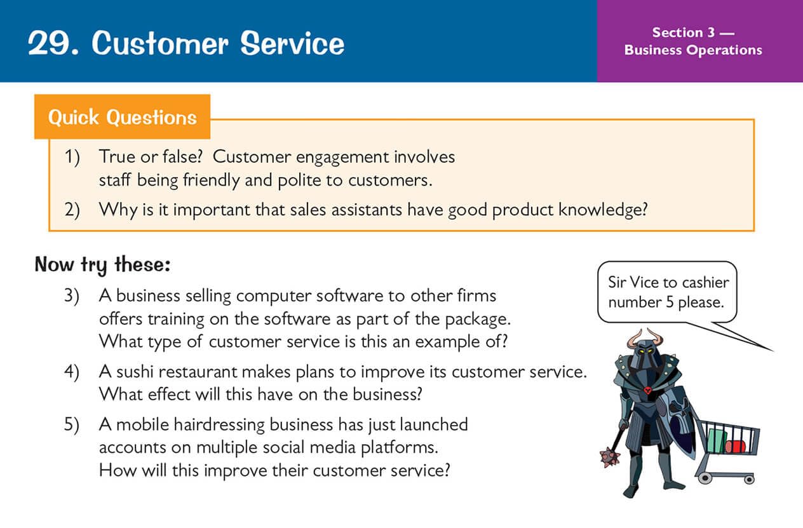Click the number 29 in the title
(49, 43)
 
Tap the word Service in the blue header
(292, 43)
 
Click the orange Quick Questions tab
(122, 117)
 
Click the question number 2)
(72, 210)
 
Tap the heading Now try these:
(102, 265)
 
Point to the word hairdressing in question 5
(219, 425)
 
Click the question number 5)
(72, 425)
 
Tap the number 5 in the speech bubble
(670, 302)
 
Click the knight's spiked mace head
(610, 457)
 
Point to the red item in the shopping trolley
(735, 447)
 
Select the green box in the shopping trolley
(717, 440)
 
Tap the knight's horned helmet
(645, 350)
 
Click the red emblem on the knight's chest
(648, 390)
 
